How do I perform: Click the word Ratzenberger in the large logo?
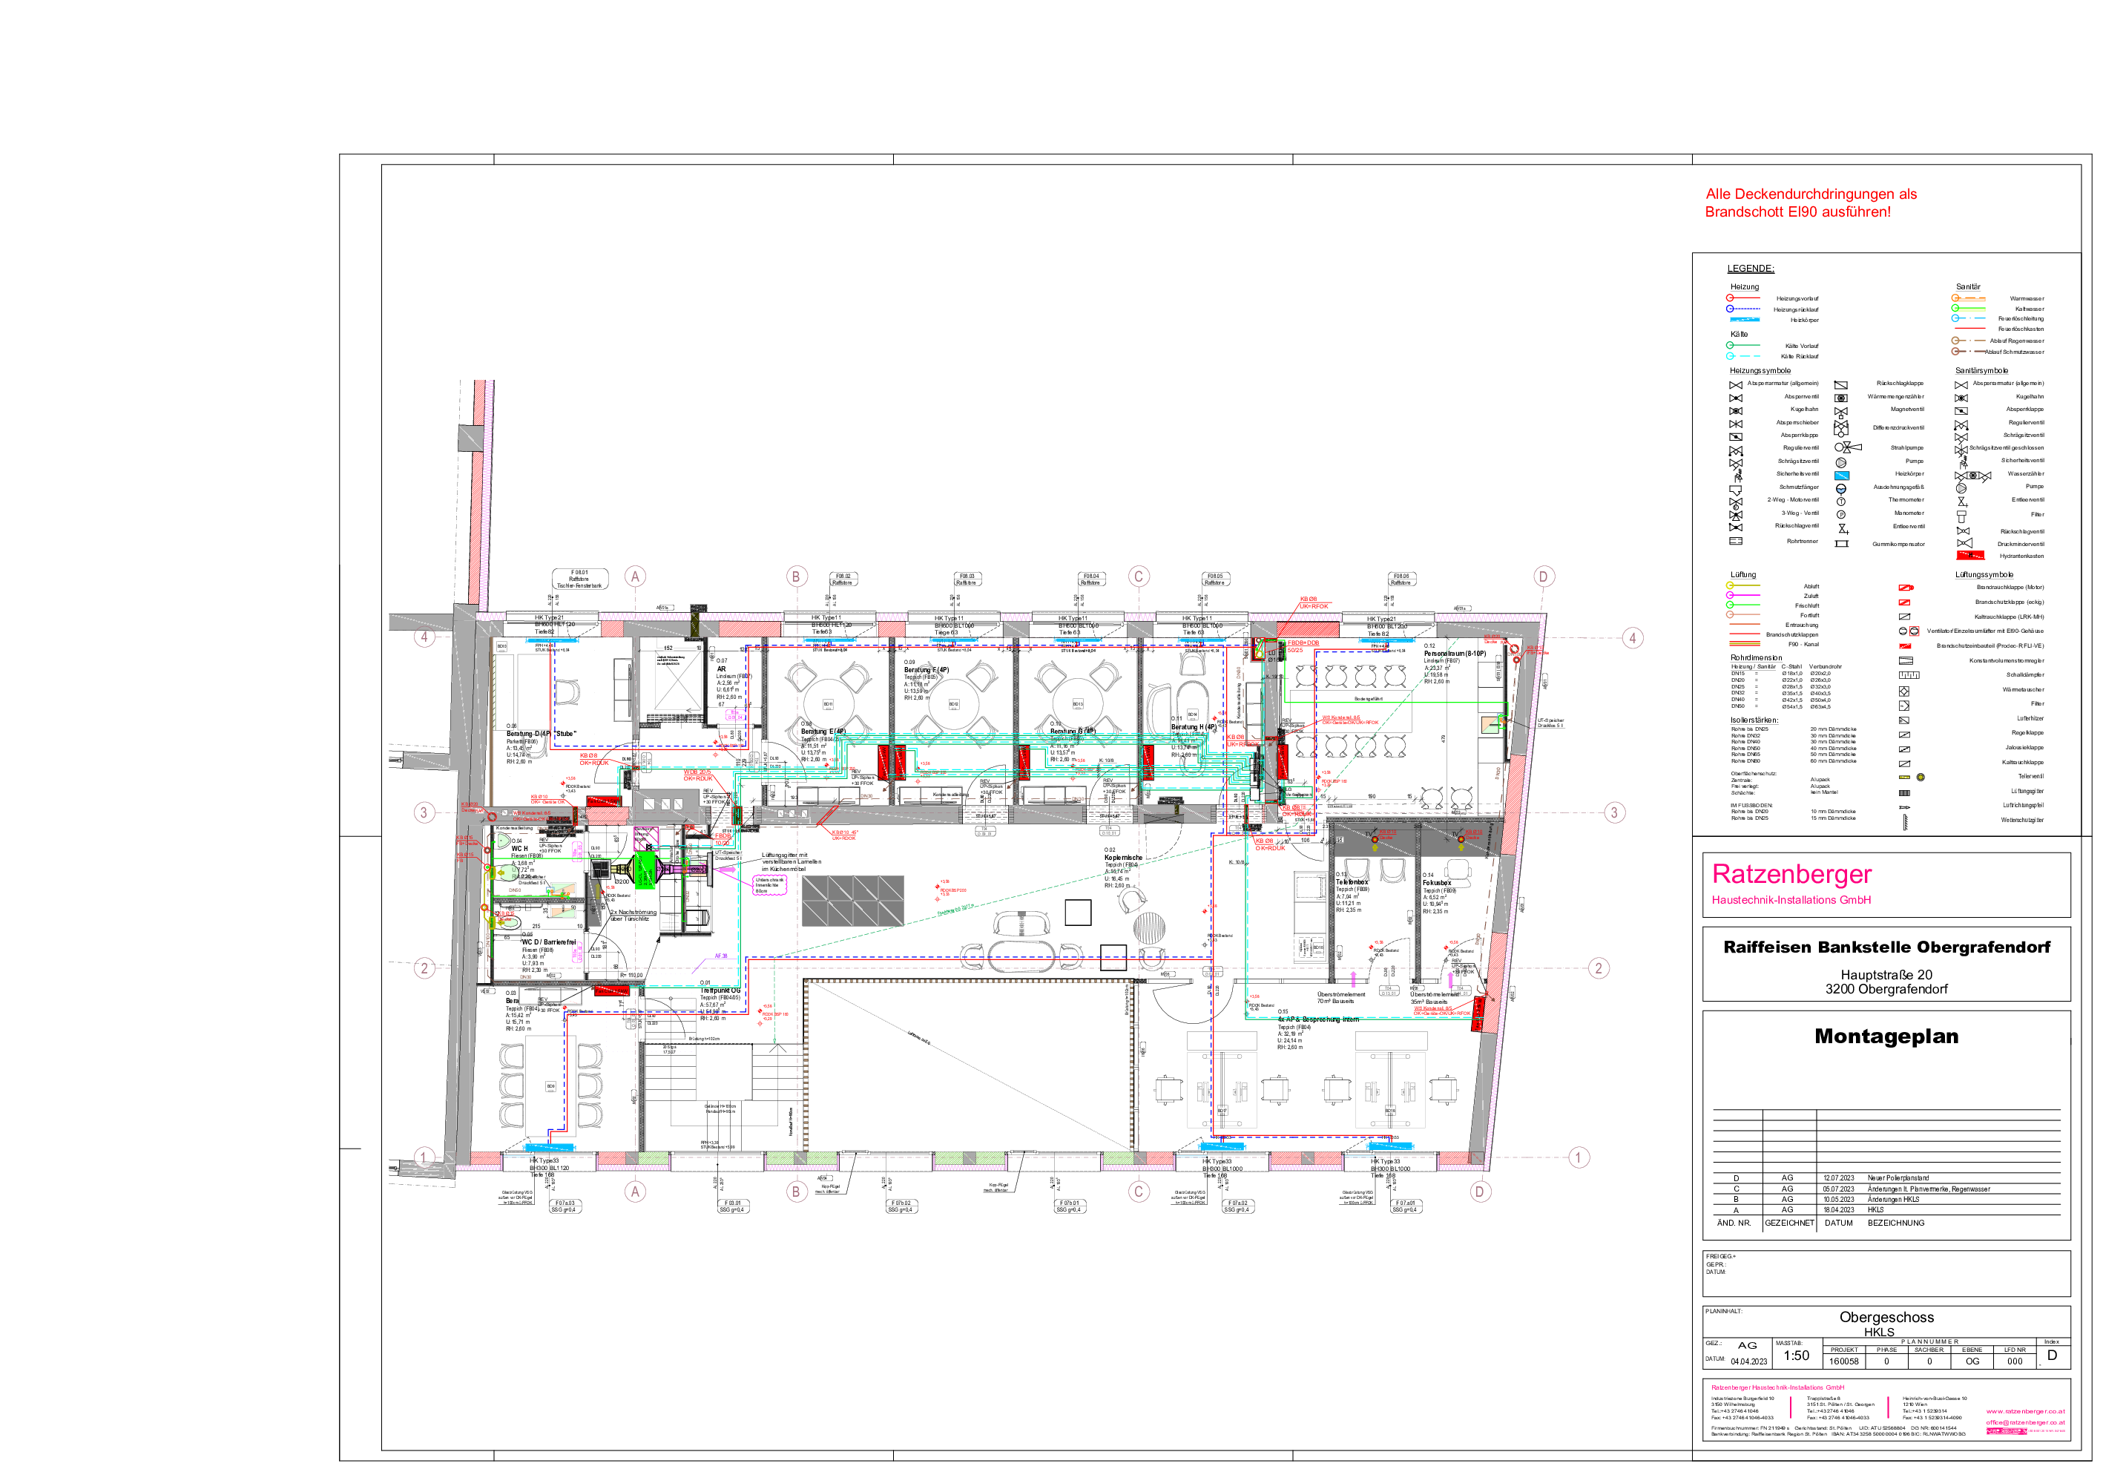click(1791, 874)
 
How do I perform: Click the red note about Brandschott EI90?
click(1810, 203)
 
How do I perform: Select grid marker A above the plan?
click(635, 576)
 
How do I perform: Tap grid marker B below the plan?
click(796, 1191)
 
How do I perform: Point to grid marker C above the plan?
click(1139, 576)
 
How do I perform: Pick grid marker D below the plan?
click(1479, 1191)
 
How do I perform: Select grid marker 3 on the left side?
click(424, 812)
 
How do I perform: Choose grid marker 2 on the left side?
click(424, 968)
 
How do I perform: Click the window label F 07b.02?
click(901, 1206)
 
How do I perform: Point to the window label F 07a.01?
click(1405, 1206)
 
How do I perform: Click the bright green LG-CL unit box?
click(645, 870)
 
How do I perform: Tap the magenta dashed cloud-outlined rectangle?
click(769, 884)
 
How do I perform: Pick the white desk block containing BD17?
click(1222, 1090)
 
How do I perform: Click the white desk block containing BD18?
click(1389, 1090)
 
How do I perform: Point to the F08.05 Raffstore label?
click(1214, 579)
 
